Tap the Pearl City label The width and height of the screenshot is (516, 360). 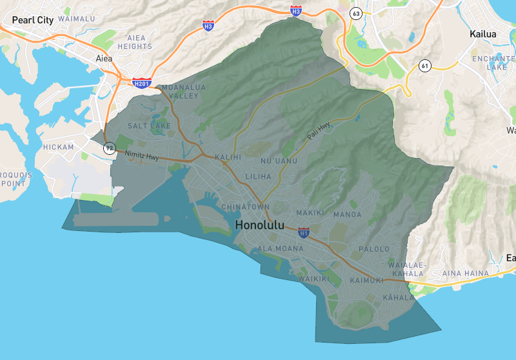click(32, 20)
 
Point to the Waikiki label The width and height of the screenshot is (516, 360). click(314, 279)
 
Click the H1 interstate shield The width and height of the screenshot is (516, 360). click(304, 232)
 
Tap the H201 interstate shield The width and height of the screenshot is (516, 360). click(141, 83)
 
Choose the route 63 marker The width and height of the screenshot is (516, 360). click(356, 13)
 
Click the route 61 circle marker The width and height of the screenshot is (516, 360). click(424, 66)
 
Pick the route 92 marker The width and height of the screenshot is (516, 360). click(110, 148)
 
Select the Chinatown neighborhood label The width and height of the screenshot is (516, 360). click(246, 206)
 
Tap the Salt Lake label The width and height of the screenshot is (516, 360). click(150, 126)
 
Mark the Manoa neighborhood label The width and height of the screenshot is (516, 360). click(347, 214)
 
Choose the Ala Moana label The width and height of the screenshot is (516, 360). click(281, 248)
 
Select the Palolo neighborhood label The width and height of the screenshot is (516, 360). click(374, 249)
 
